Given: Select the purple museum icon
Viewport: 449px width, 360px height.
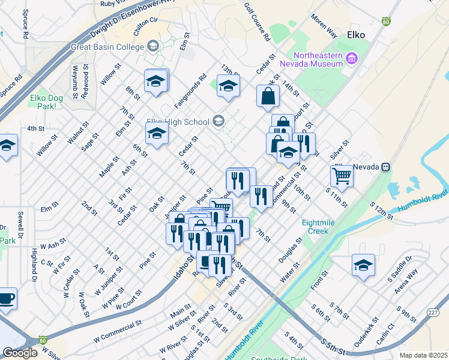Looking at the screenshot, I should pyautogui.click(x=352, y=59).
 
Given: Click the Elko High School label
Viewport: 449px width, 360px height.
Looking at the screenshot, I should pyautogui.click(x=178, y=121).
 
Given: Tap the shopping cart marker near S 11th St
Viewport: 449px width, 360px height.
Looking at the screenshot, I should pyautogui.click(x=342, y=176).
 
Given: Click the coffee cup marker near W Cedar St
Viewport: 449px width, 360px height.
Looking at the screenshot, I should pyautogui.click(x=6, y=299).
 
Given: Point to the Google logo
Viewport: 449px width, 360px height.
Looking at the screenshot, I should pyautogui.click(x=20, y=353).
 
